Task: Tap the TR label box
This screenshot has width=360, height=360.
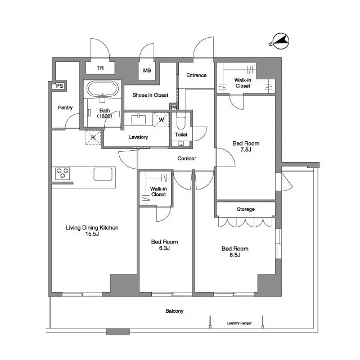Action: [x=100, y=68]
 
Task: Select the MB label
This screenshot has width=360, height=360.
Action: [x=147, y=71]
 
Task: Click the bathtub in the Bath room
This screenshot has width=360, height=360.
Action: [x=101, y=89]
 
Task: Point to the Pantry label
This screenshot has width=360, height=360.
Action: [x=65, y=107]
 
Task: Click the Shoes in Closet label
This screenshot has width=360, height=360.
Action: [x=150, y=96]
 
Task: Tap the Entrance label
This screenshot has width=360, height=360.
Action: [x=196, y=75]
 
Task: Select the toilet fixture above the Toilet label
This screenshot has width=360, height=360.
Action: [x=181, y=121]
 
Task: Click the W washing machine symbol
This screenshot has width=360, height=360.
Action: [x=161, y=119]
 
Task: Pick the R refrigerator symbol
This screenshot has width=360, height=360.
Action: [x=93, y=137]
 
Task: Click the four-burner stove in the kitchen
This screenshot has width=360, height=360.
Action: [x=62, y=174]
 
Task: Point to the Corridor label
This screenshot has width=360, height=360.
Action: [x=187, y=159]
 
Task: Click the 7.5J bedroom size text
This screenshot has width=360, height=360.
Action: [x=246, y=151]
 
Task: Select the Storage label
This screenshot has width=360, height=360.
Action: [x=246, y=209]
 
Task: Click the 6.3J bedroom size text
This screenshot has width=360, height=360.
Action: [x=164, y=248]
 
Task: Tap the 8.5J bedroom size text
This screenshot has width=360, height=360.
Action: [x=235, y=255]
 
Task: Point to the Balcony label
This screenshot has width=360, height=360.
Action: [x=174, y=311]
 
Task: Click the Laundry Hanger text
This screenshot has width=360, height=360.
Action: [x=239, y=323]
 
